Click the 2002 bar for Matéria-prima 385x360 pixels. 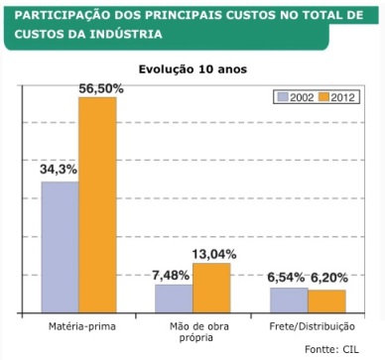coord(60,247)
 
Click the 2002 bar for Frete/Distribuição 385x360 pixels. coord(288,300)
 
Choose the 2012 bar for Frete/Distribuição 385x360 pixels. coord(326,301)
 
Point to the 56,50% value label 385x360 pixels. coord(101,88)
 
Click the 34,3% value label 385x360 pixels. coord(59,170)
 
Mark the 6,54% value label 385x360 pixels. coord(288,279)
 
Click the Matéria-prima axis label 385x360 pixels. coord(78,326)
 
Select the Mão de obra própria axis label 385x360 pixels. coord(192,331)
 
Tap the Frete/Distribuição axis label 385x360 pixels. coord(308,326)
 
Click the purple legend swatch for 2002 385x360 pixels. coord(282,96)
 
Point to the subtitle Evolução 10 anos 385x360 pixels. coord(192,69)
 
